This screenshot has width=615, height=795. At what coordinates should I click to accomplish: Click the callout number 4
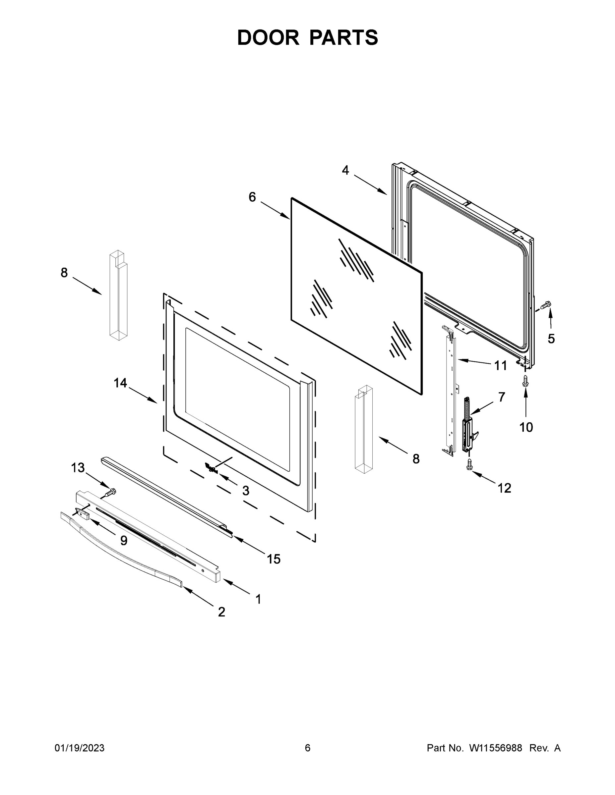click(345, 170)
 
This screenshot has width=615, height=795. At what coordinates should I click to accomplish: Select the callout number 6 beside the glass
click(252, 197)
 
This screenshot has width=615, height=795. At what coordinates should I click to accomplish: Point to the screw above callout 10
click(525, 381)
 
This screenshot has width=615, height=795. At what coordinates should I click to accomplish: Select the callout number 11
click(501, 365)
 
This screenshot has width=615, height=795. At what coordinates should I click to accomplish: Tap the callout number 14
click(120, 383)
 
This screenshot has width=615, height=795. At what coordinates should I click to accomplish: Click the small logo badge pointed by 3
click(211, 468)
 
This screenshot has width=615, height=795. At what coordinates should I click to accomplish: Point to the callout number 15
click(274, 559)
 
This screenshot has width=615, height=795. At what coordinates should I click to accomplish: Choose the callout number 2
click(221, 612)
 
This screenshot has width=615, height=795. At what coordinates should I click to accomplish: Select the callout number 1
click(258, 599)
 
